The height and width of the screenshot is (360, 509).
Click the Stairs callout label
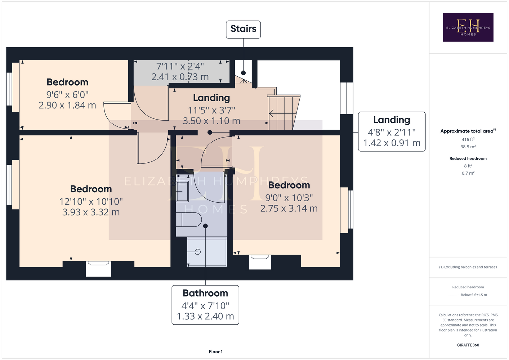[243, 29]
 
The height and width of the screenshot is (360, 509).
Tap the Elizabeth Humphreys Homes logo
[468, 27]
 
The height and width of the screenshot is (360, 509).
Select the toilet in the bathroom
[189, 220]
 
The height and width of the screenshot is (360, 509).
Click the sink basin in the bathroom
[183, 192]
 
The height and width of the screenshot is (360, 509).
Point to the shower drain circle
[198, 252]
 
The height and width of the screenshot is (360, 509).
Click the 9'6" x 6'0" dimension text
[67, 94]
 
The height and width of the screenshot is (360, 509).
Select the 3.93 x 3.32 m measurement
[91, 212]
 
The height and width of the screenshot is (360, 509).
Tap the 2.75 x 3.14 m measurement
[289, 208]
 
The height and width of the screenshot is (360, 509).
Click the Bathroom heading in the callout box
[205, 293]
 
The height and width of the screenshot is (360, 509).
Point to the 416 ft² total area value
[468, 139]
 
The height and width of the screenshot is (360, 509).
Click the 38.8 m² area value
[468, 147]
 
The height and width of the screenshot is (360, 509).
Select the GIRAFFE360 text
[468, 345]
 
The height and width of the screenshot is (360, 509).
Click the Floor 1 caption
[216, 352]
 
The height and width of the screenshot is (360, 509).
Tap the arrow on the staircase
[272, 113]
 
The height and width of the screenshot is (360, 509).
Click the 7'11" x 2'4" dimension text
[180, 66]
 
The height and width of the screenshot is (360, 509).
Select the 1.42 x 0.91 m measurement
[392, 143]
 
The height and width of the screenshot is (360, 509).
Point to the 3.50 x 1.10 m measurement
[211, 121]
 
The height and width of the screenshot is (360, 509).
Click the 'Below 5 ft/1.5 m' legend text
[474, 295]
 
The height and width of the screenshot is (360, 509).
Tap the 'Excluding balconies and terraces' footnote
[468, 267]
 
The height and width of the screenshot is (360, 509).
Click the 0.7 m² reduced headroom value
[468, 173]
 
